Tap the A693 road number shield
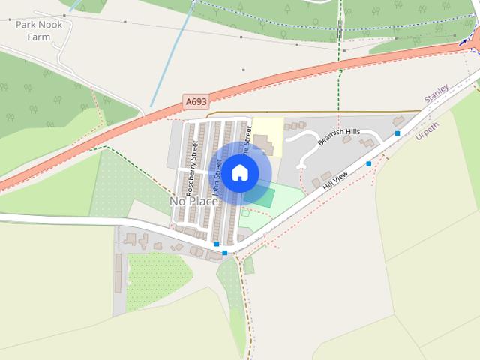[195, 100]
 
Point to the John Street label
[217, 182]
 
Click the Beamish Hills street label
[339, 136]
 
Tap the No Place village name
[193, 202]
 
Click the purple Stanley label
[436, 94]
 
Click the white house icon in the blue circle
[239, 172]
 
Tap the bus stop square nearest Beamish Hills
[397, 133]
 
